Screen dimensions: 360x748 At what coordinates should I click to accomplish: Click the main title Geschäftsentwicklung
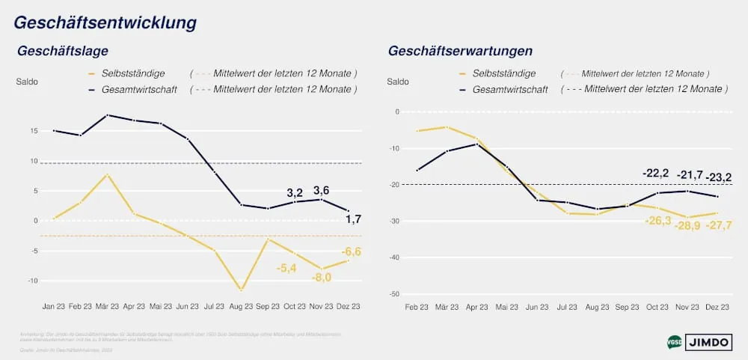(x=105, y=22)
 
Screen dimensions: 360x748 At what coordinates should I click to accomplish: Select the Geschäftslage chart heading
(x=63, y=51)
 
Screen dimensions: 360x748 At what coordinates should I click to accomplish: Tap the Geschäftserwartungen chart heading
(x=460, y=51)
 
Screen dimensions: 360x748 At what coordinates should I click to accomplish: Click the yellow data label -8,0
(x=321, y=278)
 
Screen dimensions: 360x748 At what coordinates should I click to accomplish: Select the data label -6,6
(x=351, y=251)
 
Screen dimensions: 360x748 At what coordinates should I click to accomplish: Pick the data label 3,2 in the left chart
(x=295, y=192)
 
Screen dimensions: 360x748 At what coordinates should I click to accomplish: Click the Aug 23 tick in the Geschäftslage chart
(x=240, y=307)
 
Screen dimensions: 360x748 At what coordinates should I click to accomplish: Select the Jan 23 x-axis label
(x=54, y=307)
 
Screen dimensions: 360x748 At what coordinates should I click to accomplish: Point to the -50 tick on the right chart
(x=394, y=294)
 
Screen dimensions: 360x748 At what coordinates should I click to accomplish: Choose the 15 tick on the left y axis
(x=34, y=131)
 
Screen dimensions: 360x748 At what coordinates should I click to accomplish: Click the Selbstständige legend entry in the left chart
(x=132, y=73)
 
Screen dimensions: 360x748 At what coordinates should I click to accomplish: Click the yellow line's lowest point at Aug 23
(x=240, y=290)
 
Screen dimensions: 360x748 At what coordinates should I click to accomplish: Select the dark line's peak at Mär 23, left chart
(x=108, y=115)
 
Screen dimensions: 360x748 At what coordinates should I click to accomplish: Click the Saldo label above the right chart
(x=399, y=81)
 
